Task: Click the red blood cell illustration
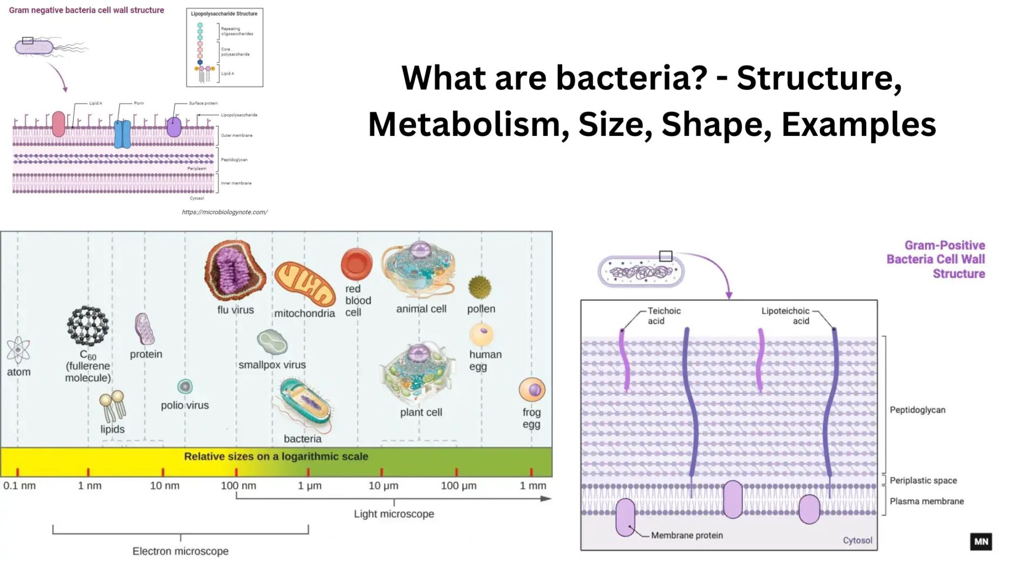(356, 264)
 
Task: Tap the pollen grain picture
(479, 287)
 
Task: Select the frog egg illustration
(532, 390)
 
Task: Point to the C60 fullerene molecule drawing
(88, 325)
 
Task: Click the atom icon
(18, 350)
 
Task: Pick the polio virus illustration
(185, 387)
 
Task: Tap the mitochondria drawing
(304, 284)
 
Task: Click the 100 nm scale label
(238, 486)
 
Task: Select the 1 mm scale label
(533, 486)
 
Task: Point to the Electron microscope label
(180, 551)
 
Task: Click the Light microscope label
(394, 514)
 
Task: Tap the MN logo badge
(981, 541)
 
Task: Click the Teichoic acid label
(664, 316)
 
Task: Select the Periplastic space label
(923, 480)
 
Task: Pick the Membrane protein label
(687, 535)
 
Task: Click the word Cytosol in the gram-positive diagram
(857, 540)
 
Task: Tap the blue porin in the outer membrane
(122, 133)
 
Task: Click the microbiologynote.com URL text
(225, 212)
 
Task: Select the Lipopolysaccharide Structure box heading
(224, 14)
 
